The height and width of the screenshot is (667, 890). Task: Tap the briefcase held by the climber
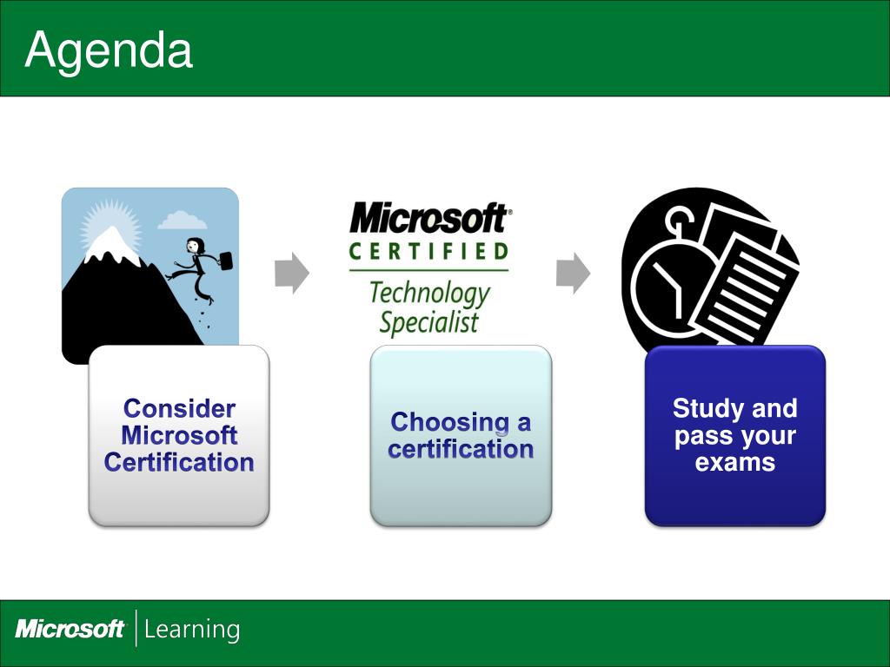[225, 261]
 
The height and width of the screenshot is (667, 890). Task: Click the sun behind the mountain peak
[110, 227]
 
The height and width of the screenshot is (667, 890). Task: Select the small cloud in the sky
[182, 220]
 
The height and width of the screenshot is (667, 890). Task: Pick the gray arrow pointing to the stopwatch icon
[573, 274]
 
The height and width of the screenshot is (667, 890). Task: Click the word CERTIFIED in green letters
[428, 251]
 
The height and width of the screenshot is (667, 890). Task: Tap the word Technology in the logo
[429, 294]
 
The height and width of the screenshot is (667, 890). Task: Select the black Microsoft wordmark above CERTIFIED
[429, 218]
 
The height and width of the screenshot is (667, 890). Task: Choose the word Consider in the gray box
[179, 409]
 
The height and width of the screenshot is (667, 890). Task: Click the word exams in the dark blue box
[735, 462]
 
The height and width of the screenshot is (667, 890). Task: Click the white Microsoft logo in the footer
[70, 629]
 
